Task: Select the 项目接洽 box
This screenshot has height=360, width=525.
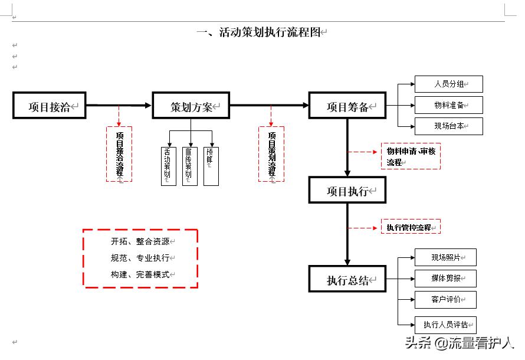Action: pyautogui.click(x=50, y=106)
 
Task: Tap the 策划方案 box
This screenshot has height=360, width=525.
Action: pyautogui.click(x=191, y=106)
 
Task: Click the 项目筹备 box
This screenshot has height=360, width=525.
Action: pyautogui.click(x=347, y=106)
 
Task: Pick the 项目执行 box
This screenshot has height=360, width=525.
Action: pyautogui.click(x=347, y=191)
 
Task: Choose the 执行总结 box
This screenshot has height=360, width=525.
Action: pyautogui.click(x=347, y=280)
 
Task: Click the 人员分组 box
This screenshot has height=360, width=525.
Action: pyautogui.click(x=448, y=84)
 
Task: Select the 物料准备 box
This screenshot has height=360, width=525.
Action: pyautogui.click(x=448, y=105)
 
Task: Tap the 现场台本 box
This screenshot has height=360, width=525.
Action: pyautogui.click(x=448, y=126)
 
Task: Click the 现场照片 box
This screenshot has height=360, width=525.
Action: pyautogui.click(x=445, y=257)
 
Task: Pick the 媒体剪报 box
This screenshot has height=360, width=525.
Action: pyautogui.click(x=445, y=278)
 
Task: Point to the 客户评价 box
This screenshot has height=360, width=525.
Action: pyautogui.click(x=445, y=299)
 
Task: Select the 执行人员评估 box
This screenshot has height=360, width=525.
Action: pyautogui.click(x=445, y=324)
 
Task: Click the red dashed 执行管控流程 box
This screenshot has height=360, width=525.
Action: pyautogui.click(x=411, y=227)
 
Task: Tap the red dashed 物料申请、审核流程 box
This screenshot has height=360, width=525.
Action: pyautogui.click(x=411, y=156)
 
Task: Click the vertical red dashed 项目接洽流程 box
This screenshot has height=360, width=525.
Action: pyautogui.click(x=119, y=154)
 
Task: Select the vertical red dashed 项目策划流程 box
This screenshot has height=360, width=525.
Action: pyautogui.click(x=271, y=154)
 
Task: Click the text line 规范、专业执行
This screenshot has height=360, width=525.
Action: pyautogui.click(x=140, y=258)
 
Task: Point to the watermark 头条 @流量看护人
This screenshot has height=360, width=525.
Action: pyautogui.click(x=459, y=342)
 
